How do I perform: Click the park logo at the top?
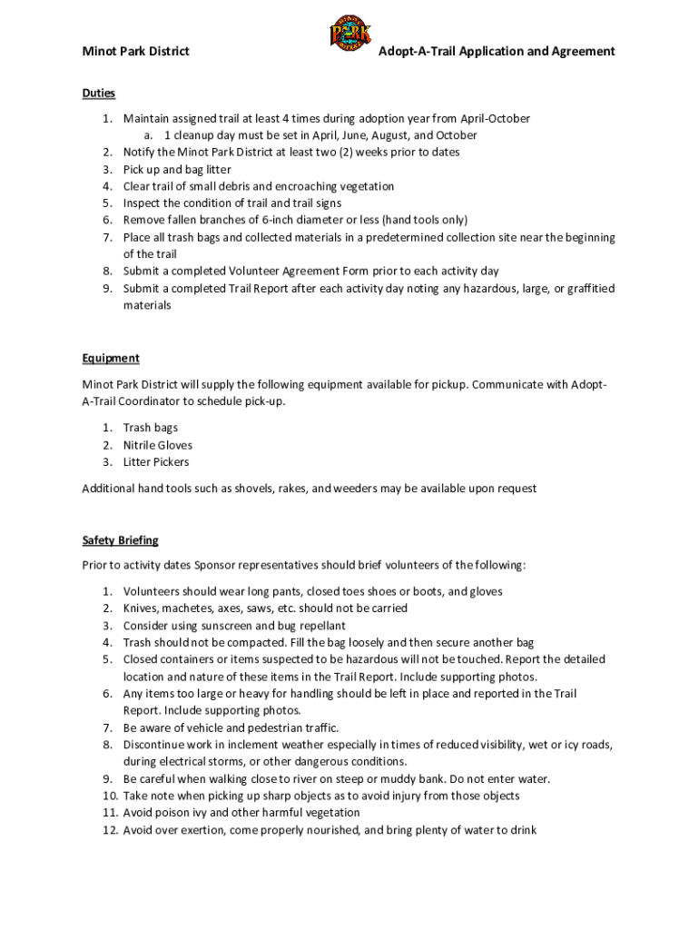tap(349, 35)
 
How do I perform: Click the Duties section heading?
tap(98, 93)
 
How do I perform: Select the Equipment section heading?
tap(111, 358)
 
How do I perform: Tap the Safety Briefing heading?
tap(120, 540)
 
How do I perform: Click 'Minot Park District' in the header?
tap(135, 52)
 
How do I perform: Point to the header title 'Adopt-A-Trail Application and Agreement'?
tap(497, 52)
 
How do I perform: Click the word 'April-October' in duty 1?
tap(496, 119)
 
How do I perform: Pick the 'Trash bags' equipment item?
tap(151, 428)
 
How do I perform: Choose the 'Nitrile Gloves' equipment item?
tap(158, 445)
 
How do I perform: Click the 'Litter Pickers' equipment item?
tap(156, 462)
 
